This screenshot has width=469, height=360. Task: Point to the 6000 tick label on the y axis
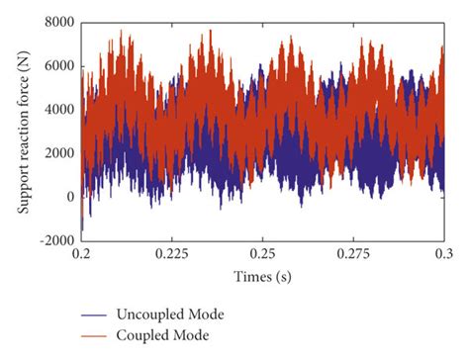pyautogui.click(x=57, y=66)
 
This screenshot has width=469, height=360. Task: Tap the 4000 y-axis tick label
pyautogui.click(x=57, y=110)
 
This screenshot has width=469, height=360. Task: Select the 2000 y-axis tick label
pyautogui.click(x=57, y=153)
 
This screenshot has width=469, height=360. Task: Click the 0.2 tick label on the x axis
pyautogui.click(x=81, y=254)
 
